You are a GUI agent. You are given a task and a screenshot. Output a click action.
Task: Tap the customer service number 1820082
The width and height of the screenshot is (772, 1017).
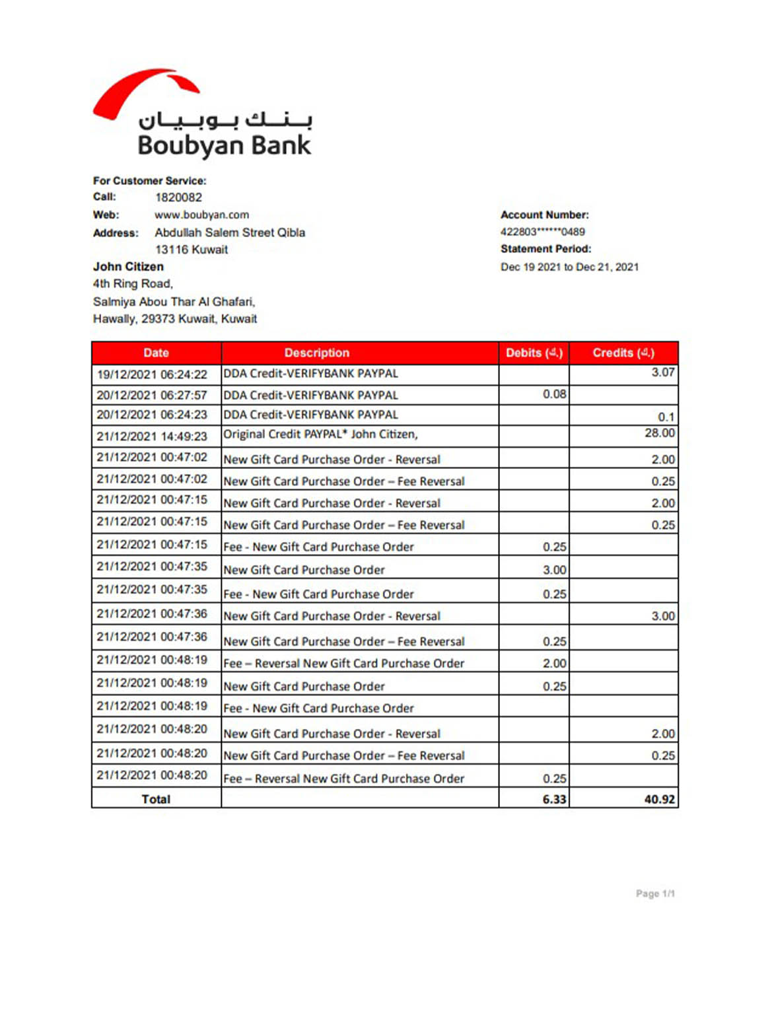click(178, 197)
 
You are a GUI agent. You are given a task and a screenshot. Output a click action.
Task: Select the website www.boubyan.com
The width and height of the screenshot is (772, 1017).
click(201, 215)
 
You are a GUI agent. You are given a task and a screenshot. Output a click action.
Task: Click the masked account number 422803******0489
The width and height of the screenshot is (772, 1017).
click(542, 232)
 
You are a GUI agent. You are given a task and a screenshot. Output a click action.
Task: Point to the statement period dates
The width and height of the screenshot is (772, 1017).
click(569, 267)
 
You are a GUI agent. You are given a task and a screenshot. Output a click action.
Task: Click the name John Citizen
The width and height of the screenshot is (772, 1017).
click(128, 267)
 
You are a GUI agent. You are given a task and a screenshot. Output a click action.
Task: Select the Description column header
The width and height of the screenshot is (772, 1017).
click(316, 353)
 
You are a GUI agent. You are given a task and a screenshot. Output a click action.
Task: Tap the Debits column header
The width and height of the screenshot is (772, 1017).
click(534, 353)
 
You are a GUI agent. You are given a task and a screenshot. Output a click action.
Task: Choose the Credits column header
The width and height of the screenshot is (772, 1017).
click(623, 353)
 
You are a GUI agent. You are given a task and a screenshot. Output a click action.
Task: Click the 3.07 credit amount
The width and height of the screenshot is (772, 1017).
click(662, 372)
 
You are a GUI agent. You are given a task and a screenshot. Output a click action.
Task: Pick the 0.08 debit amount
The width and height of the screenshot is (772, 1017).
click(554, 394)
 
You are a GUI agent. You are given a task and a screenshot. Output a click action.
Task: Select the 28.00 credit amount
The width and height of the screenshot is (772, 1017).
click(659, 433)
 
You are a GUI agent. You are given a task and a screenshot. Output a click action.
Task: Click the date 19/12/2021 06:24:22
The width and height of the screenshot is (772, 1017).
click(152, 374)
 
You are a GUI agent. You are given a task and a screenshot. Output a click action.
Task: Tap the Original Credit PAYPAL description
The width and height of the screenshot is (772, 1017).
click(320, 434)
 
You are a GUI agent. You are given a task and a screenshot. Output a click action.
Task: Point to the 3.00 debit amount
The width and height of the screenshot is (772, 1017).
click(554, 570)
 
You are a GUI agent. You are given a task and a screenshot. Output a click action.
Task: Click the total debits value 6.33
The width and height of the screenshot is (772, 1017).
click(553, 799)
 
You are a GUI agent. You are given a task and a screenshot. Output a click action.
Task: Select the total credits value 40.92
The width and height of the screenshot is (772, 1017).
click(659, 799)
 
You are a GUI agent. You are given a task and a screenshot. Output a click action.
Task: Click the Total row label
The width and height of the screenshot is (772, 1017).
click(156, 799)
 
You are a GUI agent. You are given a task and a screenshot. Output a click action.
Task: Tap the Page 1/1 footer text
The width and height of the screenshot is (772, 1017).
click(654, 894)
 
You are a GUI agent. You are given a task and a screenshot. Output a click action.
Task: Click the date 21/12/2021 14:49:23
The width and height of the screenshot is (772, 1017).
click(152, 437)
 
